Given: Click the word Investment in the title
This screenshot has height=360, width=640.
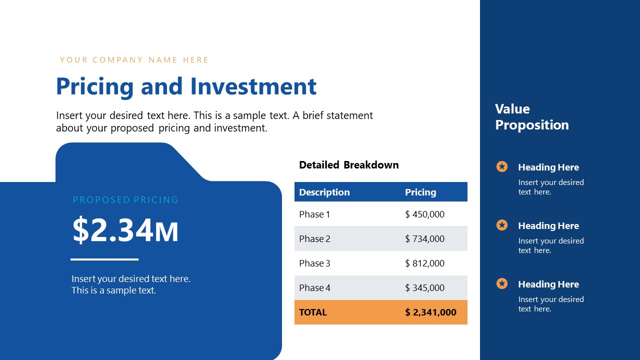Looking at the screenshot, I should pos(253,86).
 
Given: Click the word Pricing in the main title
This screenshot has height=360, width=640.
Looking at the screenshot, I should pos(94,86).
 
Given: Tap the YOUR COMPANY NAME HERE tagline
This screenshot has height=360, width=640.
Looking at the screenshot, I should pos(134,60).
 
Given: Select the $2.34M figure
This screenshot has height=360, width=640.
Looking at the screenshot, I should pos(125,230).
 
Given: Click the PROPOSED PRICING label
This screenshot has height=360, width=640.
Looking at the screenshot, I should pos(125,200).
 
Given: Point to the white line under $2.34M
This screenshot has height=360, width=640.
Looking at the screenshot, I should pos(104,259).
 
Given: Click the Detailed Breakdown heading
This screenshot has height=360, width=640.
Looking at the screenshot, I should pos(348,165).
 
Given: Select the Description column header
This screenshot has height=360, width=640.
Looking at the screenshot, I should pos(324,192).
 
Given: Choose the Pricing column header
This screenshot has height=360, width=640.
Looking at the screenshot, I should pos(420,192).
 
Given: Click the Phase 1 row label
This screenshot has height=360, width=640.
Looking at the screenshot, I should pos(314,214).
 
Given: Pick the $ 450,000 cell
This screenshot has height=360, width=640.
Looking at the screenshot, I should pos(424,214).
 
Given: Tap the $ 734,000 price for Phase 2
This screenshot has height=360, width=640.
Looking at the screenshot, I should pos(424,239).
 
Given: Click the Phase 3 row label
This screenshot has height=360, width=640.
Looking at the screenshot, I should pos(314,263).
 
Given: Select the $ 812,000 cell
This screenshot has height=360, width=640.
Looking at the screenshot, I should pos(424,263).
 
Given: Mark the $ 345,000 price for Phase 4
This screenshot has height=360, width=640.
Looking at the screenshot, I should pos(424,288).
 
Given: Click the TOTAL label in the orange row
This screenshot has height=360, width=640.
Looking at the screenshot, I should pos(313,312).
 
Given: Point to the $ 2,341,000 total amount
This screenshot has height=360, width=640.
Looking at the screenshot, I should pos(430,312).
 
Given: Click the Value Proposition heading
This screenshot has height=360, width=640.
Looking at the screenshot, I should pos(532,117).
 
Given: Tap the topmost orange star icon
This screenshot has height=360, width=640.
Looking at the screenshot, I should pos(502,166).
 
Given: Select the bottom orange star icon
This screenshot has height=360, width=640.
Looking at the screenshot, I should pos(502,283).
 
